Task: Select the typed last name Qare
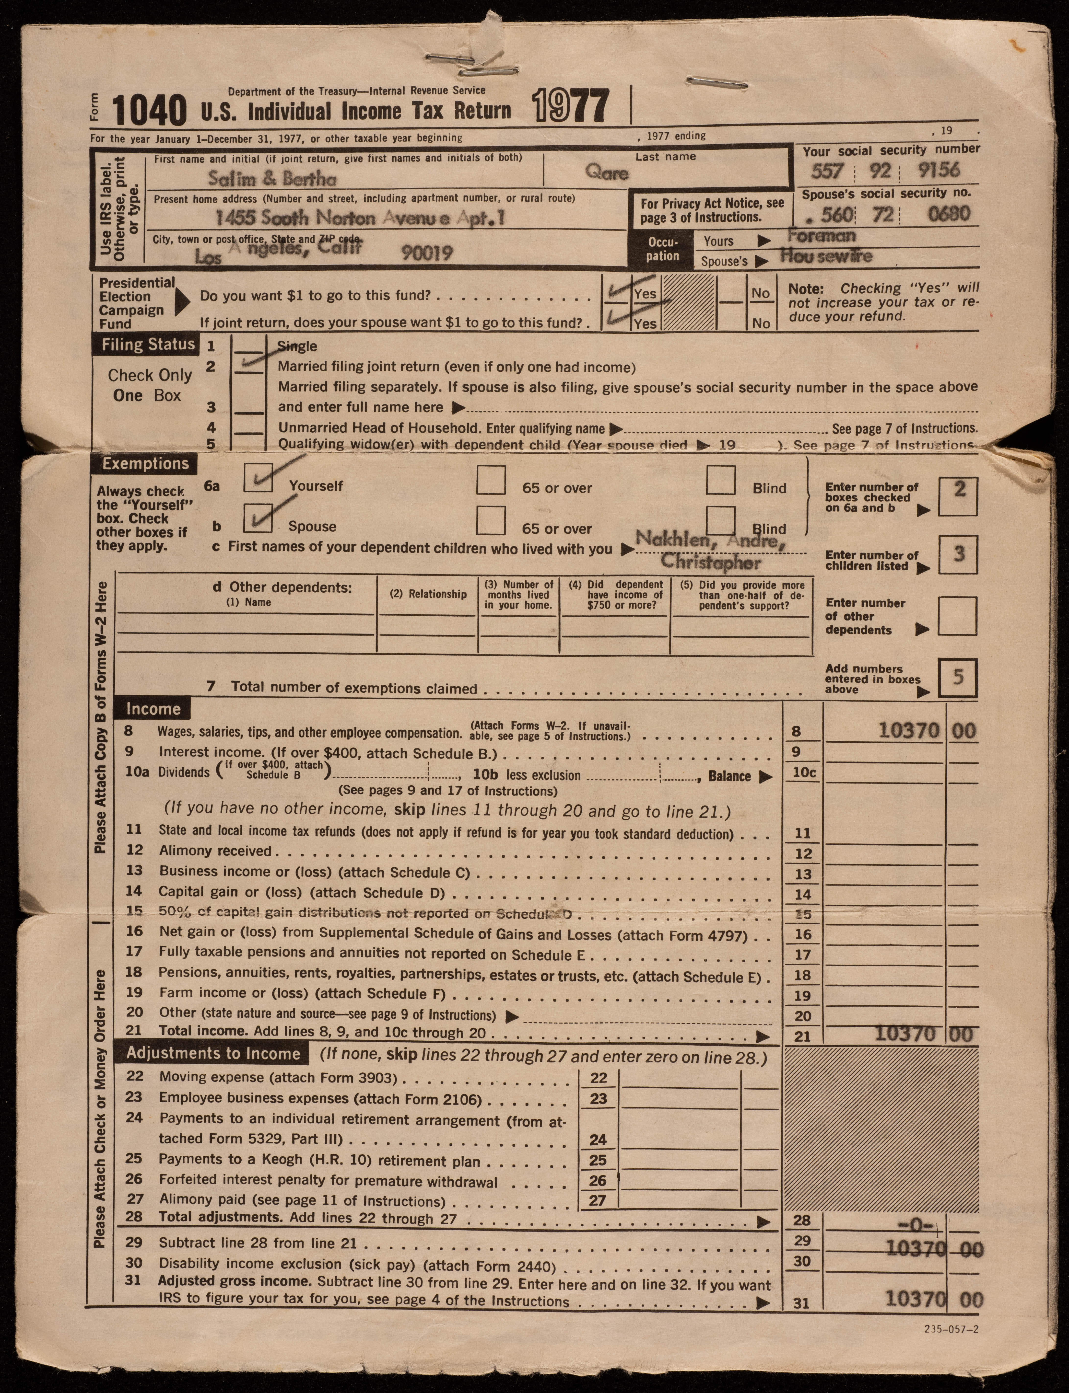coord(607,172)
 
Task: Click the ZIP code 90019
coord(427,253)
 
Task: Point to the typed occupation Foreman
coord(822,235)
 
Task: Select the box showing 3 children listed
coord(958,555)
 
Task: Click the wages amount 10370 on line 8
coord(909,731)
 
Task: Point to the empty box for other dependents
coord(958,616)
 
